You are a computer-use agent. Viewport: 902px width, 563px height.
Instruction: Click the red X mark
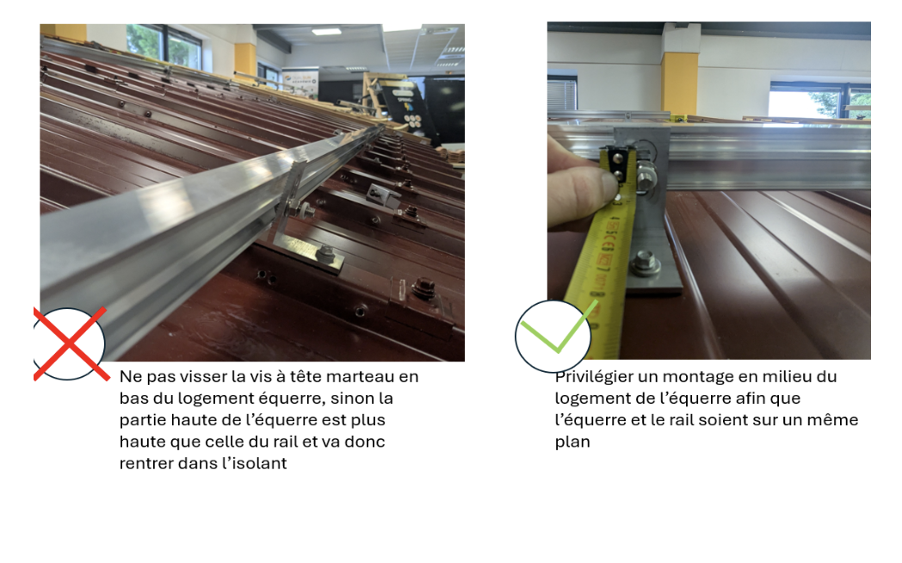(71, 343)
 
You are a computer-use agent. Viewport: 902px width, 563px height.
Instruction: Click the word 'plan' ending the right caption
(572, 442)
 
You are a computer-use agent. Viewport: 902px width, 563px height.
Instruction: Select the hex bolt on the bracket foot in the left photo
(326, 254)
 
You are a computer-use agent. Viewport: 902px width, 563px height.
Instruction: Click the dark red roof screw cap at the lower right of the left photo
(423, 286)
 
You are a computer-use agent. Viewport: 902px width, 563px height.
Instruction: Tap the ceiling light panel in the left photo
(326, 32)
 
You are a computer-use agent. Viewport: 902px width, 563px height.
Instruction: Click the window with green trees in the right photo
(819, 101)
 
